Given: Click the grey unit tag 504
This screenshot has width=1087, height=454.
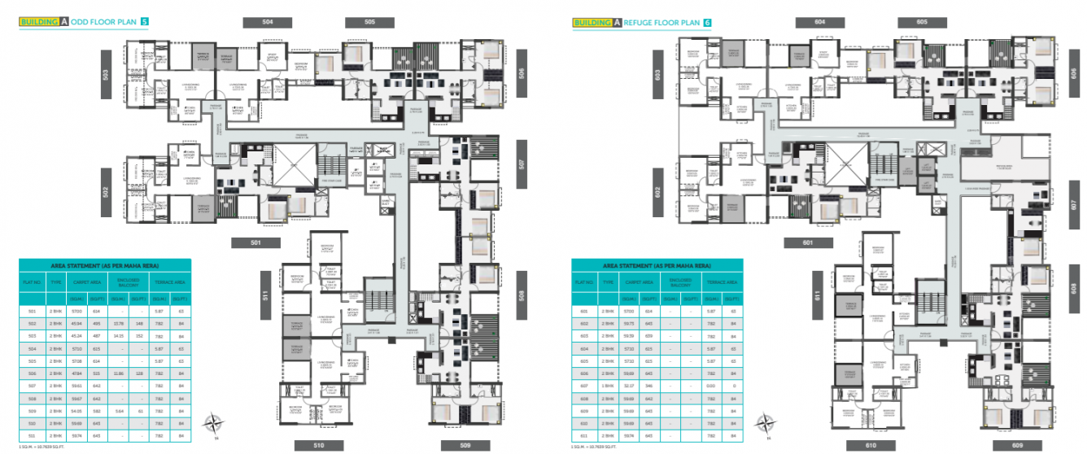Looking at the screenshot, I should click(268, 23).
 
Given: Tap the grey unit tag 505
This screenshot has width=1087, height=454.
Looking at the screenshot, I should click(369, 23).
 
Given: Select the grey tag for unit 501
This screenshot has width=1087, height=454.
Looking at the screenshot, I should click(256, 242).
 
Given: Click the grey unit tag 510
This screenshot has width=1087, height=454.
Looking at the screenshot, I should click(320, 445).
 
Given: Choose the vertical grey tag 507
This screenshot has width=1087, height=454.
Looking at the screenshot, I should click(522, 159).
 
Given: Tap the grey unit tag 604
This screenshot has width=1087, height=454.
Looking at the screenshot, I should click(820, 23).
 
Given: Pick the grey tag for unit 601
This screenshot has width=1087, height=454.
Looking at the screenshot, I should click(808, 242).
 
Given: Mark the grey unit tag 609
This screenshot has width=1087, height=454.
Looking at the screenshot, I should click(1017, 445).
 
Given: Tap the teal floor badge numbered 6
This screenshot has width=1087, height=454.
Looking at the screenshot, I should click(707, 22).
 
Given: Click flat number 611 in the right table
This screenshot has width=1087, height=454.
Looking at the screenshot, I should click(583, 437).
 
